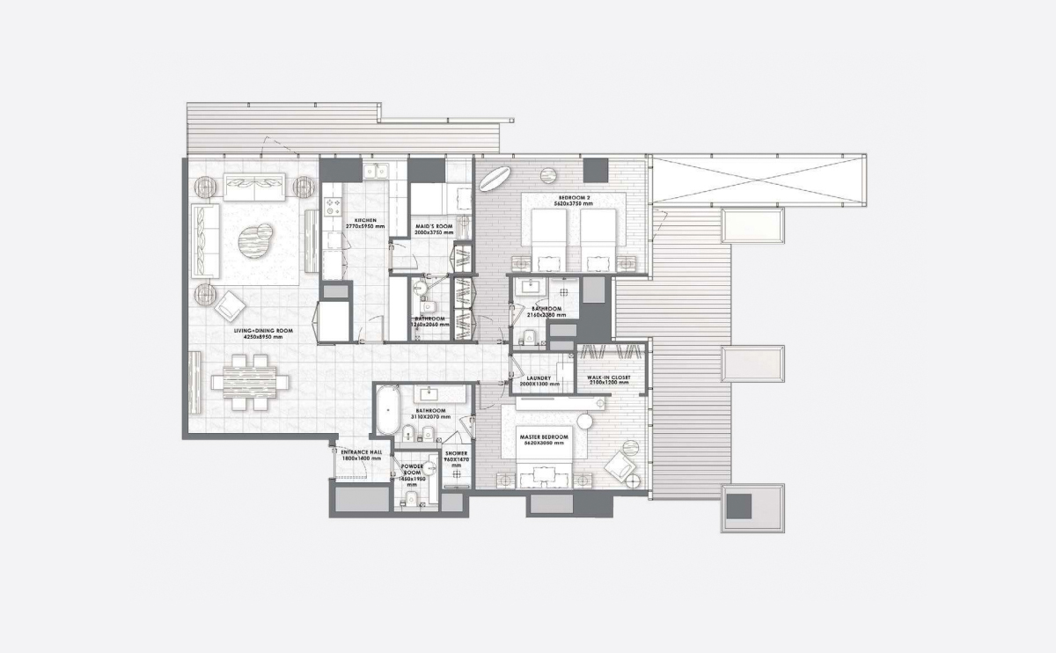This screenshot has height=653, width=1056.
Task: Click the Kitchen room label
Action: click(365, 220)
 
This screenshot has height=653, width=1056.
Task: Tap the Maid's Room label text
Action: click(434, 227)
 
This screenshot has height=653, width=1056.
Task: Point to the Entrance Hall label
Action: click(361, 452)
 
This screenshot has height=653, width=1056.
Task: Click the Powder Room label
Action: click(413, 470)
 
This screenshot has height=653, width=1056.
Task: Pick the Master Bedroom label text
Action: click(544, 437)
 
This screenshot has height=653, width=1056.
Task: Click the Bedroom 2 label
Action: click(575, 197)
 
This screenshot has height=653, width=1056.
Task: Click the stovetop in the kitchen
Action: click(333, 206)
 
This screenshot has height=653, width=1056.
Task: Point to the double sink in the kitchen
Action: click(379, 171)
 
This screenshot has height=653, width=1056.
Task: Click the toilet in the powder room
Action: click(410, 498)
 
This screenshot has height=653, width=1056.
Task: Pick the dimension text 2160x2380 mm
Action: click(546, 314)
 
